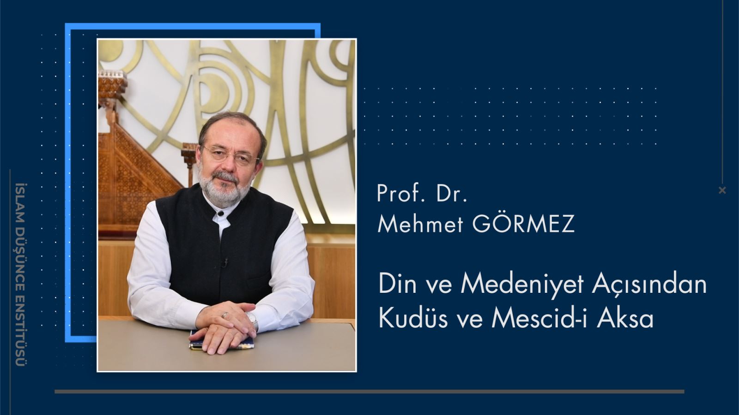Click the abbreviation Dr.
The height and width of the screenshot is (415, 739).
(451, 193)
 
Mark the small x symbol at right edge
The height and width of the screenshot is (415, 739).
(722, 190)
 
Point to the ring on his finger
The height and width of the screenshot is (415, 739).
(225, 315)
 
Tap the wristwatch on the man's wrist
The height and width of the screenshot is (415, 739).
(252, 319)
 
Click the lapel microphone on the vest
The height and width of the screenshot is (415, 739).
(225, 262)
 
